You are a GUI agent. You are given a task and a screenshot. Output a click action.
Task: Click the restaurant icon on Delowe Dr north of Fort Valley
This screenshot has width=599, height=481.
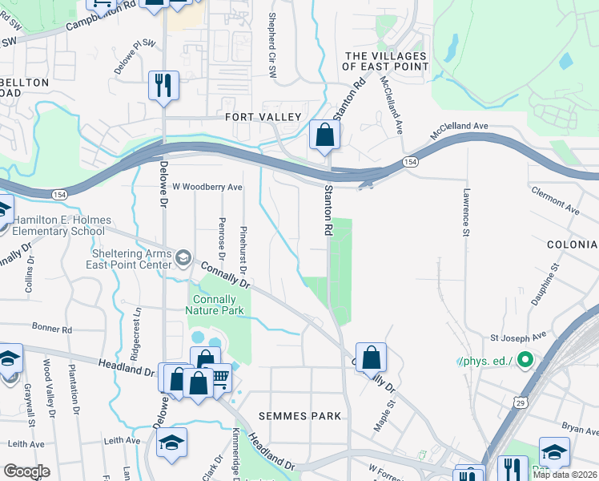[x=163, y=86]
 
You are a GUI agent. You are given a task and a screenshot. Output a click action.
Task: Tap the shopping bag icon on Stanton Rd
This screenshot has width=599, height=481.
[x=324, y=135]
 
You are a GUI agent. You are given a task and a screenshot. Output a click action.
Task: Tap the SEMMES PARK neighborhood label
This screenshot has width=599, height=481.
[x=300, y=416]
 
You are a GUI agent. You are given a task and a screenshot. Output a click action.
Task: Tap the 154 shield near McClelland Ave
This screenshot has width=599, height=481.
[x=409, y=161]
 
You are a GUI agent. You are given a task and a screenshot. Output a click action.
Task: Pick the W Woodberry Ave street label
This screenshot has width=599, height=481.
[x=207, y=187]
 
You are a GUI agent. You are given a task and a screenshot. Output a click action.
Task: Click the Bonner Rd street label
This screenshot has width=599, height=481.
[x=52, y=328]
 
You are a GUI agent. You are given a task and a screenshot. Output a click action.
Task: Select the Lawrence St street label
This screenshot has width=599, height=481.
[x=465, y=213]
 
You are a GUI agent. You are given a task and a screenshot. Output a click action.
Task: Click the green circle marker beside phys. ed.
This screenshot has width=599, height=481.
[x=525, y=360]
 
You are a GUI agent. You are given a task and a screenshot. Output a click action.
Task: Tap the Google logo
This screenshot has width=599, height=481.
[x=26, y=471]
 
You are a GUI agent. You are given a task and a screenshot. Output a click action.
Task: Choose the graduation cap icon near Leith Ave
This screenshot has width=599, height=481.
[x=171, y=443]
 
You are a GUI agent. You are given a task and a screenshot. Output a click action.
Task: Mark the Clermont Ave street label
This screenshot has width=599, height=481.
[x=556, y=198]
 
